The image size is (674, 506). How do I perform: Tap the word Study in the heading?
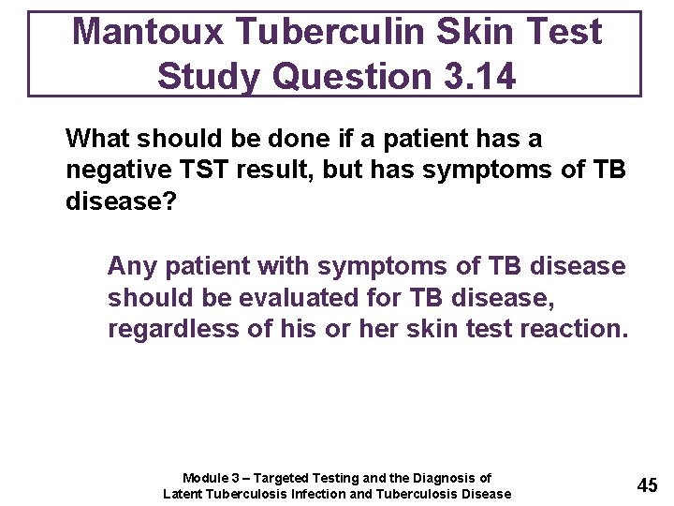208,76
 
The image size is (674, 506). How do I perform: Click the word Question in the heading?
342,76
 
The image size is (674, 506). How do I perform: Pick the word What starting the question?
100,139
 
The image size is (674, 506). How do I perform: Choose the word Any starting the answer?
131,266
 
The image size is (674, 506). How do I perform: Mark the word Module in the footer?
205,478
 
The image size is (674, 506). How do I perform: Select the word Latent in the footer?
184,494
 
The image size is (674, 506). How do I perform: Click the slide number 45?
647,485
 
